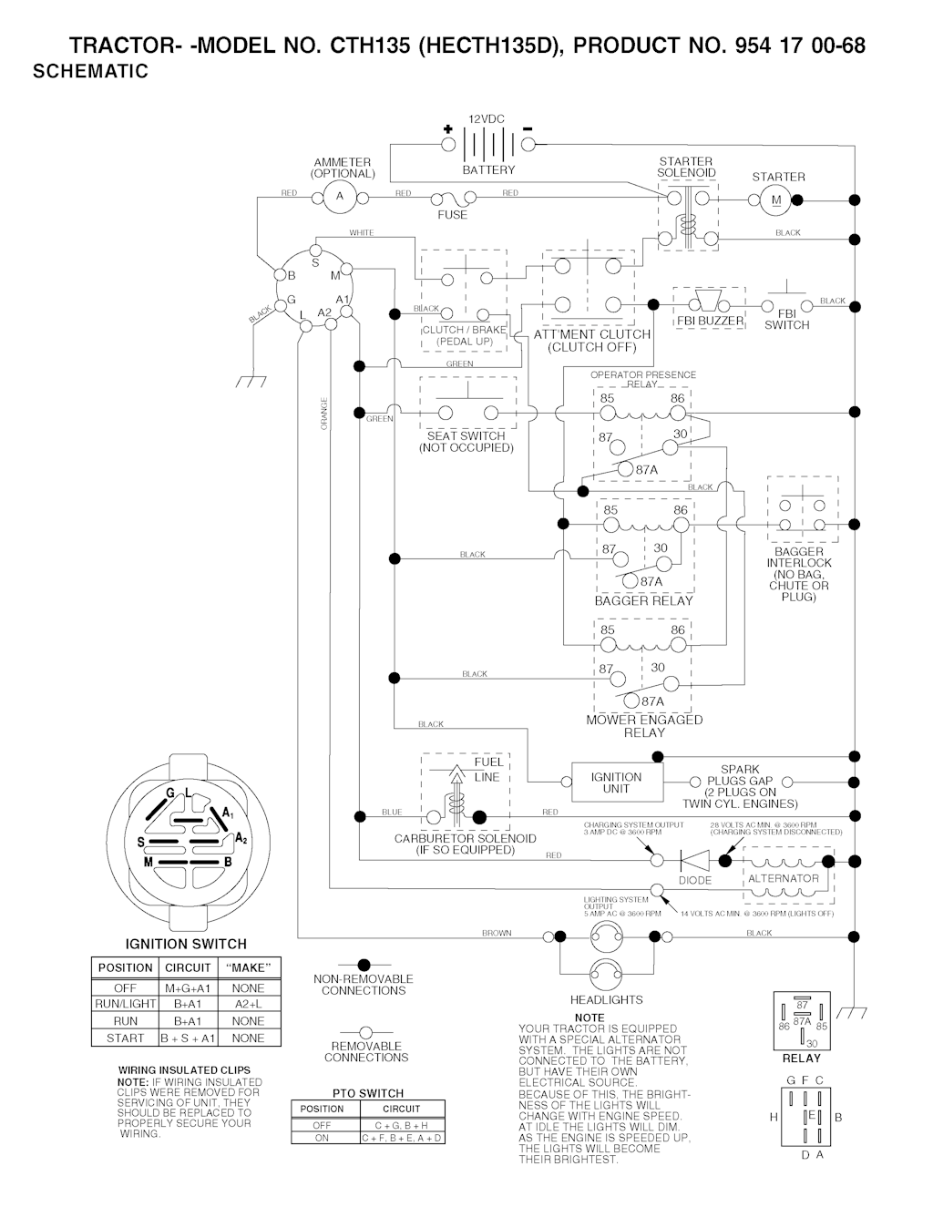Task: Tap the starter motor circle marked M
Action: click(x=777, y=199)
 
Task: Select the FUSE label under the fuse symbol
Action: click(x=452, y=215)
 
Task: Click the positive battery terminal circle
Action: click(x=447, y=144)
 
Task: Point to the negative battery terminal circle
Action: click(x=528, y=144)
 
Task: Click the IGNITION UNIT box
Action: click(x=616, y=783)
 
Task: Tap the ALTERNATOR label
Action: click(x=783, y=879)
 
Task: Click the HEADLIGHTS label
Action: click(x=606, y=999)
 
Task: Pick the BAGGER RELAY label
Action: click(x=643, y=600)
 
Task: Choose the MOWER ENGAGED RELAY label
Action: click(x=644, y=726)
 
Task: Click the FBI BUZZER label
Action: click(x=709, y=322)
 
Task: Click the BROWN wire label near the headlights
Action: click(x=497, y=933)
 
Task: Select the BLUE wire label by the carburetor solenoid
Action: click(x=392, y=812)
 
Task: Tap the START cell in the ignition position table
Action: click(x=125, y=1038)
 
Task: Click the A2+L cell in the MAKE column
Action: click(x=248, y=1004)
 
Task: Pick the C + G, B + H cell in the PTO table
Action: click(x=401, y=1125)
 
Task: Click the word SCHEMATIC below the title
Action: click(x=90, y=72)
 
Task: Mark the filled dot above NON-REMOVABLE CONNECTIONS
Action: click(x=364, y=965)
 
